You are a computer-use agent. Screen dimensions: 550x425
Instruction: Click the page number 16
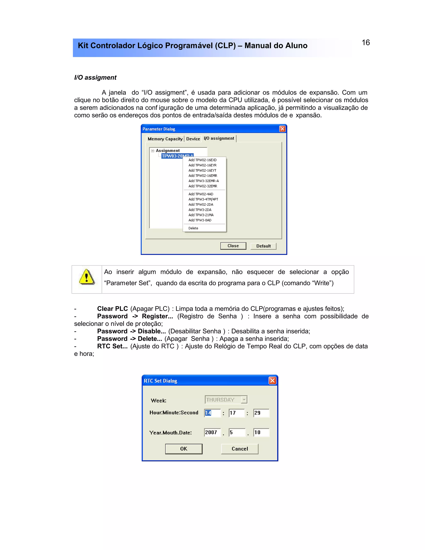pos(366,43)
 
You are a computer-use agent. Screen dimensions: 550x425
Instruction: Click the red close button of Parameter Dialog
pos(282,129)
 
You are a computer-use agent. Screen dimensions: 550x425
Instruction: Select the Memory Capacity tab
pos(165,139)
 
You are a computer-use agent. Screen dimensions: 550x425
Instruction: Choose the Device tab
pos(193,139)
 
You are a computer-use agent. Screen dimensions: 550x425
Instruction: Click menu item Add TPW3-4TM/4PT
pos(203,199)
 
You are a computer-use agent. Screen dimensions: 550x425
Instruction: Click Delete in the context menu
pos(193,228)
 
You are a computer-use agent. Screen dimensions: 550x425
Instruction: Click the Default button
pos(263,246)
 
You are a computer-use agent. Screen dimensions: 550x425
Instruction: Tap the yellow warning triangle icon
pos(87,277)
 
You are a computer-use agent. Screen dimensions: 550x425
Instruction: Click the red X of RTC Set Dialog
pos(272,380)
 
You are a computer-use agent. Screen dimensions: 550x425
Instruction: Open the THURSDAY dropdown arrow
pos(244,400)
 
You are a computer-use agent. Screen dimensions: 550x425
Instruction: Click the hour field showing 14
pos(212,413)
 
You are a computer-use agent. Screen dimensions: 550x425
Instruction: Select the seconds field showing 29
pos(261,413)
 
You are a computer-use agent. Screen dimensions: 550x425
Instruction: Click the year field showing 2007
pos(212,432)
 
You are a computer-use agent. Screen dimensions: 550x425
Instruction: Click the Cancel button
pos(240,449)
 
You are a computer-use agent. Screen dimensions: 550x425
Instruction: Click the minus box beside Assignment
pos(153,151)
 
